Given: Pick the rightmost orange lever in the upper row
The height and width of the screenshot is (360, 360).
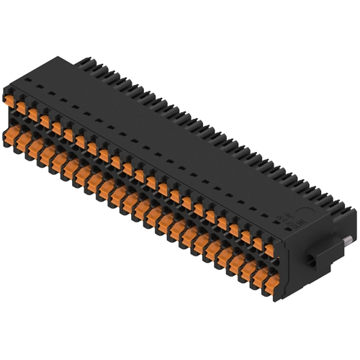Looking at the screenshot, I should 268,249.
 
